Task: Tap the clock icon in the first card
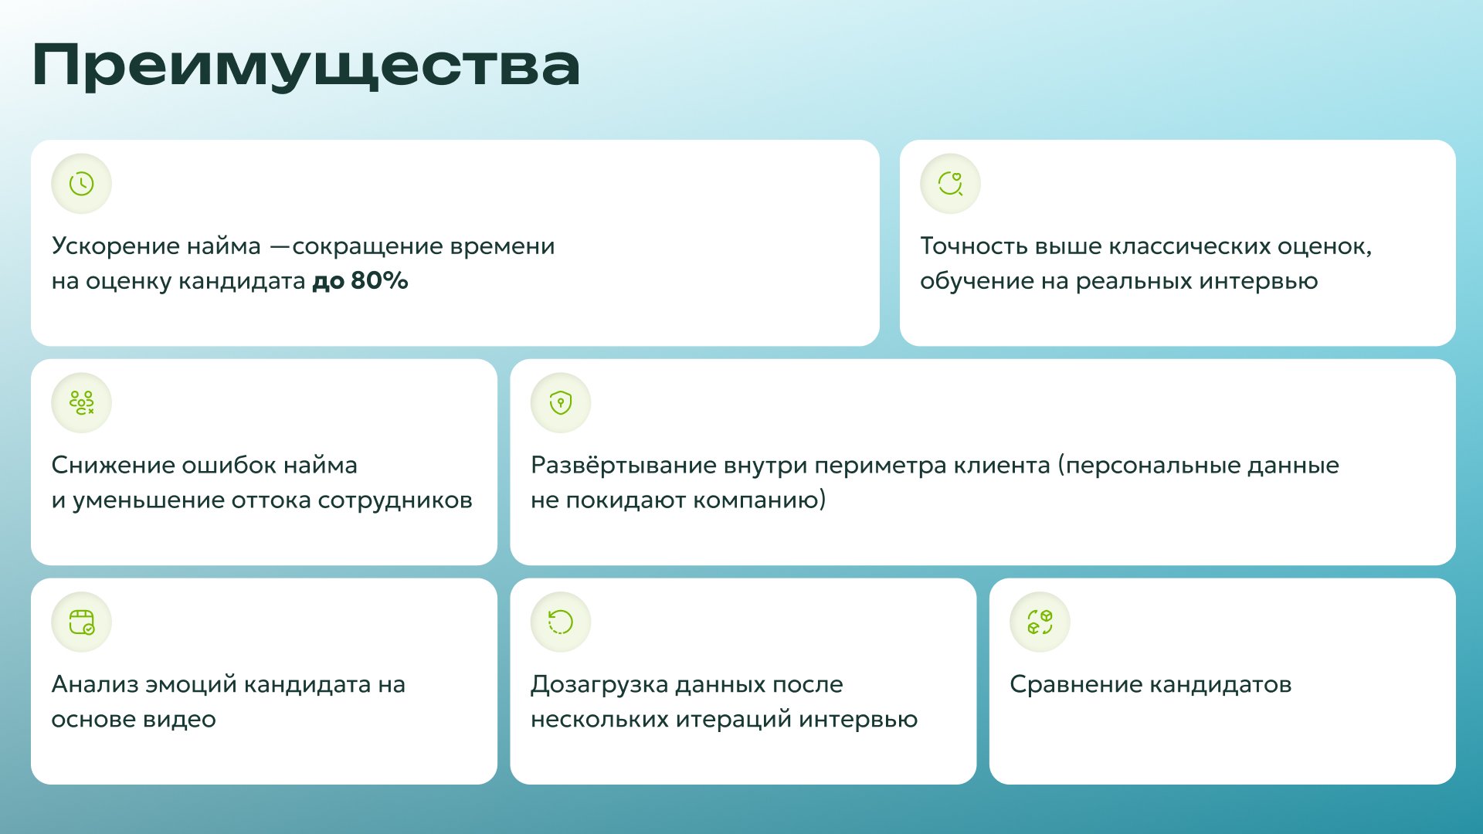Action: click(x=81, y=184)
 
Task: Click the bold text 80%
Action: click(x=379, y=280)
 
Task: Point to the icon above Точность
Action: click(x=950, y=184)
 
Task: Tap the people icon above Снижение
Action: click(x=81, y=403)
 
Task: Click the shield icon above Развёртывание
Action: click(x=561, y=403)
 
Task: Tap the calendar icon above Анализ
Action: click(x=81, y=622)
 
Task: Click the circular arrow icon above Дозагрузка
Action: click(x=561, y=622)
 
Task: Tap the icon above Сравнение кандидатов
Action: click(x=1040, y=622)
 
